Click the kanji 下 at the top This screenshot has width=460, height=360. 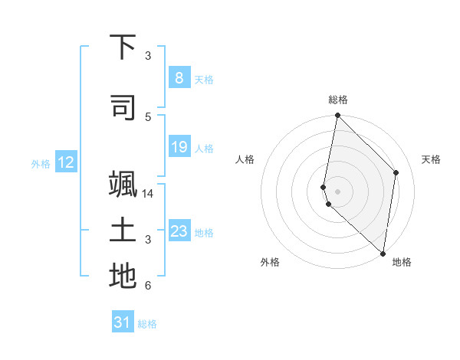(123, 48)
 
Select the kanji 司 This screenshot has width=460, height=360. (123, 109)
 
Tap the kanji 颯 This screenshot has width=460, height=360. (123, 186)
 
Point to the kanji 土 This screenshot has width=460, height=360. (123, 231)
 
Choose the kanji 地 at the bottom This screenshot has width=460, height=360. (123, 277)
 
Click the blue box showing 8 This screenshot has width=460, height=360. (179, 78)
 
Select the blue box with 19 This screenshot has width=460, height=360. (179, 147)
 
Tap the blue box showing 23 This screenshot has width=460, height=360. (179, 231)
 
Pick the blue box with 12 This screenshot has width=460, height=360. (66, 162)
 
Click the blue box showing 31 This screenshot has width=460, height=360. (122, 322)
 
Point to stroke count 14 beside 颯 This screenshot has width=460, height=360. (148, 194)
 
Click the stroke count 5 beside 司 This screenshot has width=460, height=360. (148, 116)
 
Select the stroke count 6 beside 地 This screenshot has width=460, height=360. (148, 286)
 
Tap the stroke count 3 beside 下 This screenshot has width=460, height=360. (148, 56)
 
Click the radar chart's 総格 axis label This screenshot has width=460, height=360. (338, 100)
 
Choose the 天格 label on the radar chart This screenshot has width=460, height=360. (432, 159)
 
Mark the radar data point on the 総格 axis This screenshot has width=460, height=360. (337, 116)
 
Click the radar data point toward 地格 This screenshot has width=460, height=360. (383, 254)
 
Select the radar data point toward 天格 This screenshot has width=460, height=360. (396, 172)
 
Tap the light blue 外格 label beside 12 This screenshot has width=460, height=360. (41, 163)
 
